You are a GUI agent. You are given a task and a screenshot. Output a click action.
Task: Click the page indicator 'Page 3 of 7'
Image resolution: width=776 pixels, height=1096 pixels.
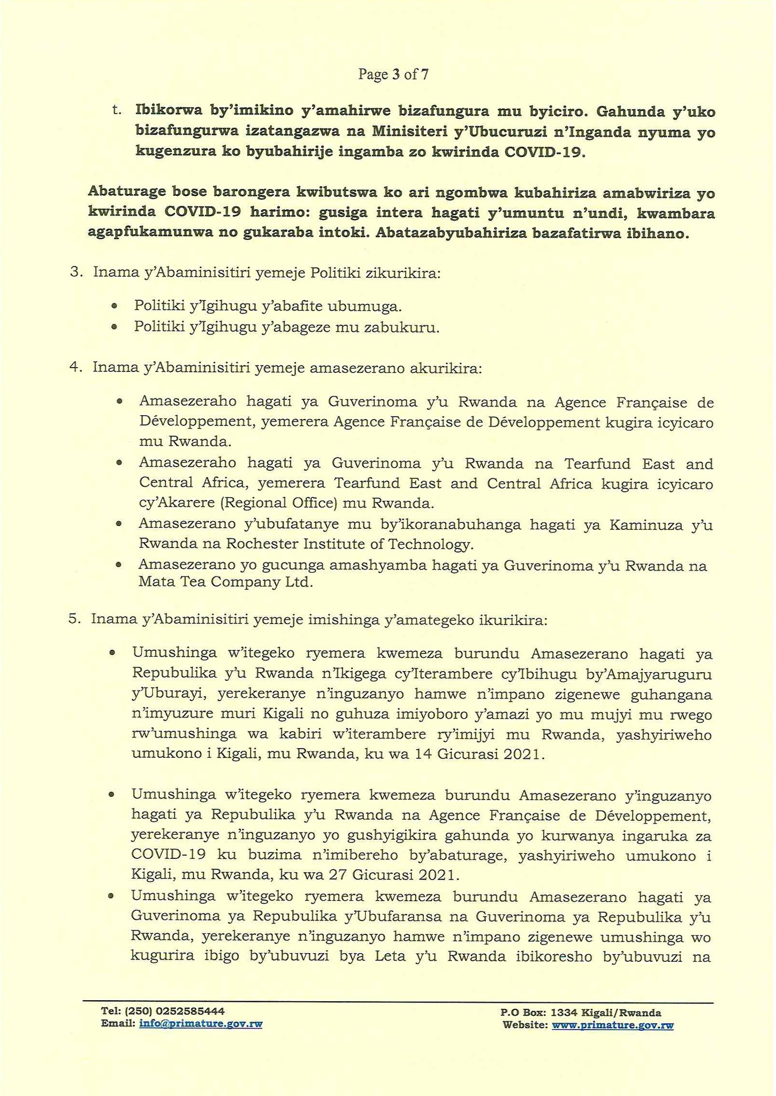coord(393,74)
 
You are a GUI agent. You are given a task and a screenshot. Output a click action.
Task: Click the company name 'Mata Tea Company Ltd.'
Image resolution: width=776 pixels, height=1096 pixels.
coord(225,582)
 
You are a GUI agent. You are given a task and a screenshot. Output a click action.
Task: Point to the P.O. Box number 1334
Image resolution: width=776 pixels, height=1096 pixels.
coord(563,1013)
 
